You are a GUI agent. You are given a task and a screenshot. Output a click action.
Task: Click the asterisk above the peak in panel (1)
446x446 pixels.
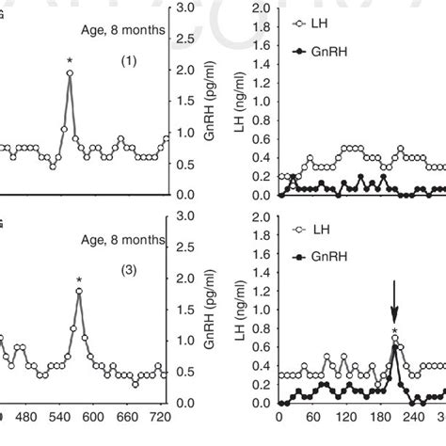pyautogui.click(x=70, y=63)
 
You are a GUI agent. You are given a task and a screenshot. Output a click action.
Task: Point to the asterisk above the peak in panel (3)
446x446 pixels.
pyautogui.click(x=80, y=279)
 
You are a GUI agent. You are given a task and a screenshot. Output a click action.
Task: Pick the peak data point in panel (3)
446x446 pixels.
pyautogui.click(x=80, y=291)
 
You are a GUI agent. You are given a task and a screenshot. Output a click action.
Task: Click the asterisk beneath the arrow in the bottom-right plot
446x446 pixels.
pyautogui.click(x=394, y=330)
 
